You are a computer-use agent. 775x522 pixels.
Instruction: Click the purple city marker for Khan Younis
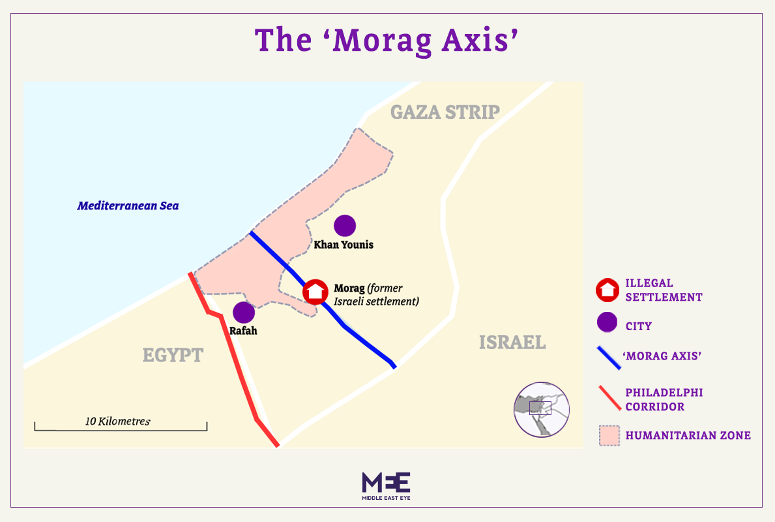(x=345, y=226)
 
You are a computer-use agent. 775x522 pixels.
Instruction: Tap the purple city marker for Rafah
(x=243, y=313)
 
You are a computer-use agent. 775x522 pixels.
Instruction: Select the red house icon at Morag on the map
(x=315, y=291)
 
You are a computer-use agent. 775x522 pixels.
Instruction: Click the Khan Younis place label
(x=344, y=245)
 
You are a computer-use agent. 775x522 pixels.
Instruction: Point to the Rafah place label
(x=243, y=331)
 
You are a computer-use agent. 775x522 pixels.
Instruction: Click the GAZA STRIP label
(x=445, y=112)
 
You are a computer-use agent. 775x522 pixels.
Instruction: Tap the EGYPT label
(x=173, y=356)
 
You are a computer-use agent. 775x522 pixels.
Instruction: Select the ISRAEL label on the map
(x=512, y=342)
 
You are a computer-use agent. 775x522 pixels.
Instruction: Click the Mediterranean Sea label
(x=128, y=206)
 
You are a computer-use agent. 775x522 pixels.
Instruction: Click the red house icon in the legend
(x=607, y=290)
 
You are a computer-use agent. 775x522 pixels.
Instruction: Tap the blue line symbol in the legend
(x=607, y=356)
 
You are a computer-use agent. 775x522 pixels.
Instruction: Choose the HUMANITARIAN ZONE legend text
(x=688, y=435)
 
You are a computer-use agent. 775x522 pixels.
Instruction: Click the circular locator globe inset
(x=541, y=409)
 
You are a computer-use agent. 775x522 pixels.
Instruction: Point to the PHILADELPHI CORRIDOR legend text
(x=664, y=399)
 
